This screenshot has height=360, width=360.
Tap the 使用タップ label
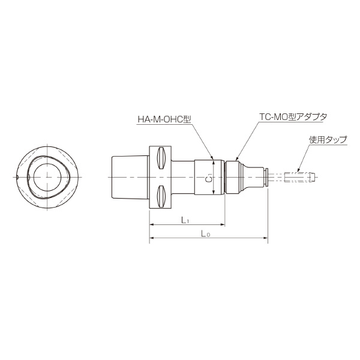tap(328, 139)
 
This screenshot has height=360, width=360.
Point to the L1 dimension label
tap(185, 220)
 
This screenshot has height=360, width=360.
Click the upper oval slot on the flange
tap(160, 159)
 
